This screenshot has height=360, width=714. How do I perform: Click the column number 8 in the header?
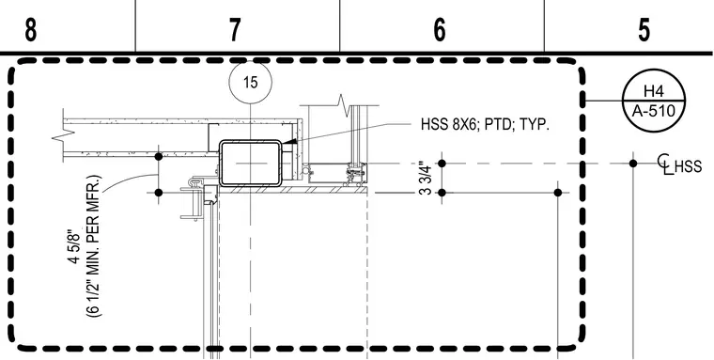(x=30, y=30)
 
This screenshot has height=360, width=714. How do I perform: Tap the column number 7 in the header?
(x=235, y=30)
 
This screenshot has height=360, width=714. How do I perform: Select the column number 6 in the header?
(x=439, y=30)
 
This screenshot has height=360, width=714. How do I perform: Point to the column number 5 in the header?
(x=644, y=30)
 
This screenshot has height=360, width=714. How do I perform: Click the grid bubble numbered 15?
(x=251, y=83)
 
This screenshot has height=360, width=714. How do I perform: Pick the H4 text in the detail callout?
(x=654, y=91)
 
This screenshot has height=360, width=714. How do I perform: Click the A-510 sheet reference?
(x=654, y=110)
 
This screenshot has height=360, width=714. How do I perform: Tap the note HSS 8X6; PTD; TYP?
(x=485, y=125)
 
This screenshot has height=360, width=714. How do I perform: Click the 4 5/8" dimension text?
(x=73, y=248)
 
